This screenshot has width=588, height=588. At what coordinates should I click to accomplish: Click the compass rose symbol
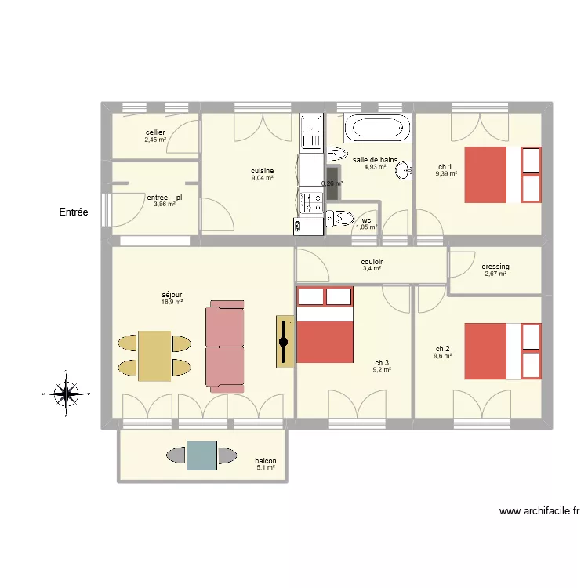point(67,392)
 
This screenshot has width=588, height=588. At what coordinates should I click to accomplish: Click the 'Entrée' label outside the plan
point(74,212)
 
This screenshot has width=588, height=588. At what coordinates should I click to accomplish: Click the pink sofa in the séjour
point(224,347)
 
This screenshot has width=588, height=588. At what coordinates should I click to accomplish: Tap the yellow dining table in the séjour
point(154,355)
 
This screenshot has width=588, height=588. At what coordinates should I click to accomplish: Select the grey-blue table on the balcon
point(201,456)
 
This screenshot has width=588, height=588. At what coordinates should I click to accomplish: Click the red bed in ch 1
point(492,173)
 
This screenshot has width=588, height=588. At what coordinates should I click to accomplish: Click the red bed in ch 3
point(325,333)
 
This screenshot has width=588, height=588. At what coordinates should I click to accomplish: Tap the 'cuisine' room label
point(262,171)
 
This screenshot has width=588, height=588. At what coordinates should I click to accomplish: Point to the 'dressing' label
point(495,267)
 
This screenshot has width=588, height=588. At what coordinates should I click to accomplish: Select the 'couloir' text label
point(372,262)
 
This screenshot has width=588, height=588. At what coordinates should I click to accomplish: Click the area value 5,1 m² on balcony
point(266,468)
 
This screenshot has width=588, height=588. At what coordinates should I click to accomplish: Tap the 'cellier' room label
point(155,133)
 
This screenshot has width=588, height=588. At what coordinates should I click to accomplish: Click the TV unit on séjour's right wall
point(284,342)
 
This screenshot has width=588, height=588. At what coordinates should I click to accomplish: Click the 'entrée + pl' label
point(165,198)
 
